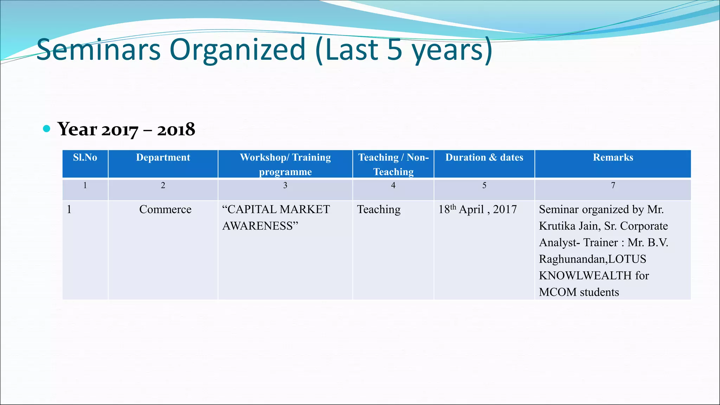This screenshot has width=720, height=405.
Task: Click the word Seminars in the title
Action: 98,50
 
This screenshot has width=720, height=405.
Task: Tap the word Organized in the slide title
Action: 238,50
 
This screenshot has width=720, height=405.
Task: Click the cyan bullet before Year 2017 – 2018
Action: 46,129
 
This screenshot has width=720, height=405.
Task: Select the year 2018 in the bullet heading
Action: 176,130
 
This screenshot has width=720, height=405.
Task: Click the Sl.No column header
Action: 85,157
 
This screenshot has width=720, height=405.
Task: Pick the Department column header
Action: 163,157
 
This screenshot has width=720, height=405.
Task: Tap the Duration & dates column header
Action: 484,157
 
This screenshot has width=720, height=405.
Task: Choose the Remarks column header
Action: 613,157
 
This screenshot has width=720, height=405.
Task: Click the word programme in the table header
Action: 285,172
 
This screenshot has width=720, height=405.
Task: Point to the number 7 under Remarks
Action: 613,185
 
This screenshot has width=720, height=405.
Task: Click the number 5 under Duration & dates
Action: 484,185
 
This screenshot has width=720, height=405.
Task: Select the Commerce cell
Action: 165,210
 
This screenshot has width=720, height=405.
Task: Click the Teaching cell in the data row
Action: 379,210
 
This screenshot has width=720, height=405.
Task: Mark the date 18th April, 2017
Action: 477,210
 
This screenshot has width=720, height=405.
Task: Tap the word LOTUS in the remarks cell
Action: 627,259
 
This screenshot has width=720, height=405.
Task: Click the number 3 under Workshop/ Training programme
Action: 285,185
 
